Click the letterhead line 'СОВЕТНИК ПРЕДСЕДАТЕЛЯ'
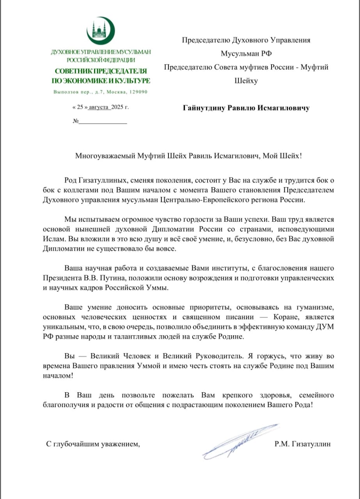(x=101, y=71)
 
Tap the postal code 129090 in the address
(x=138, y=92)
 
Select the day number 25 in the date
(x=80, y=106)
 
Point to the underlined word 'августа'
(x=99, y=106)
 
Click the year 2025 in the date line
(x=117, y=106)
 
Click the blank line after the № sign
(x=103, y=121)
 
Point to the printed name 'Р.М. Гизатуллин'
(x=302, y=444)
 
